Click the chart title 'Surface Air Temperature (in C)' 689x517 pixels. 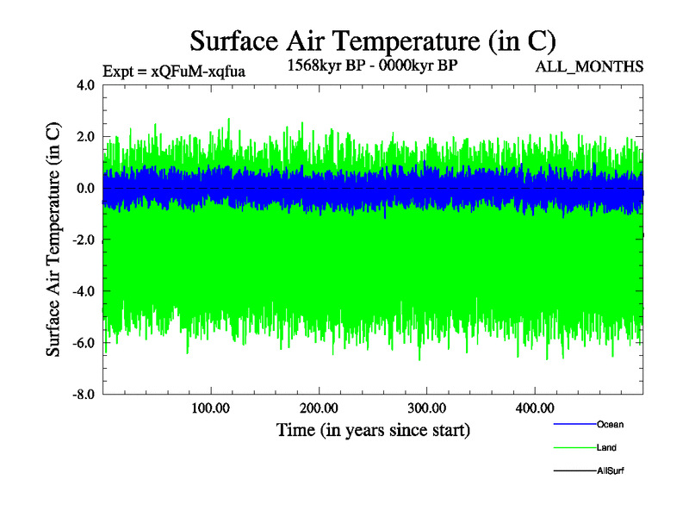pyautogui.click(x=372, y=41)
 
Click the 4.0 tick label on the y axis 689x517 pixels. pyautogui.click(x=86, y=85)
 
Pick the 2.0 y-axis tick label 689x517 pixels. pyautogui.click(x=86, y=137)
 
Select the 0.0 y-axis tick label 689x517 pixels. pyautogui.click(x=86, y=189)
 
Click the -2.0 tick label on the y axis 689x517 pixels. pyautogui.click(x=84, y=240)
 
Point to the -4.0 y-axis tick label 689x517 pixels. pyautogui.click(x=84, y=291)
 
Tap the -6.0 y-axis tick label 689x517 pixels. pyautogui.click(x=84, y=343)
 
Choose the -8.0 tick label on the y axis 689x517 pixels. pyautogui.click(x=84, y=395)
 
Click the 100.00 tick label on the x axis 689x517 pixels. pyautogui.click(x=211, y=408)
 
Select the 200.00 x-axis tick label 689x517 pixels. pyautogui.click(x=320, y=408)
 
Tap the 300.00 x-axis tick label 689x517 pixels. pyautogui.click(x=427, y=408)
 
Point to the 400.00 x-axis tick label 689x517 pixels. pyautogui.click(x=535, y=408)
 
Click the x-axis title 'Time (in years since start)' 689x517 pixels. pyautogui.click(x=373, y=429)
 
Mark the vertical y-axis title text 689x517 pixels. pyautogui.click(x=53, y=240)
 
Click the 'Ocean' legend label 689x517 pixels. pyautogui.click(x=610, y=424)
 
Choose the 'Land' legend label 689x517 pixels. pyautogui.click(x=606, y=447)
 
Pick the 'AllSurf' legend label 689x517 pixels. pyautogui.click(x=611, y=470)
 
